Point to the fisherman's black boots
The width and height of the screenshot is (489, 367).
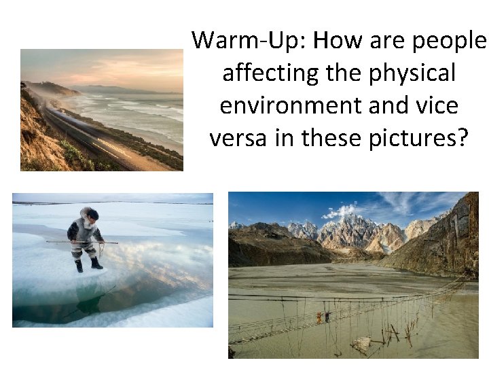88,264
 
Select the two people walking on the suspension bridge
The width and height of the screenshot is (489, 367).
322,317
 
